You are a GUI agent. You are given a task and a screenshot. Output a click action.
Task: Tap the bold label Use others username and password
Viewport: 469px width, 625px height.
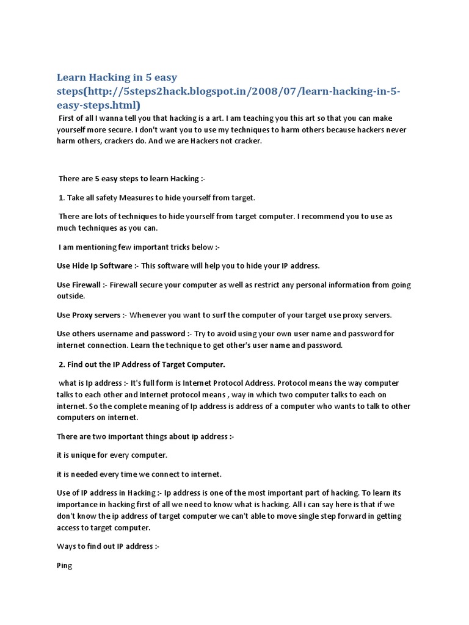click(121, 334)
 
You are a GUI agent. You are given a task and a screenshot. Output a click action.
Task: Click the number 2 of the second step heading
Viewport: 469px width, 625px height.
click(62, 364)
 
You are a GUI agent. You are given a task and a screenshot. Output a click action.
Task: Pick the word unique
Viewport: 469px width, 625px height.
click(84, 455)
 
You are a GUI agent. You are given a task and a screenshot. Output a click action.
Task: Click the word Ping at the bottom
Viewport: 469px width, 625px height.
click(64, 566)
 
